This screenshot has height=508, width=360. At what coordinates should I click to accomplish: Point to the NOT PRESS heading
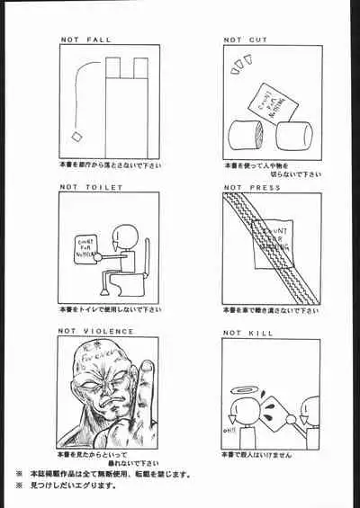click(251, 188)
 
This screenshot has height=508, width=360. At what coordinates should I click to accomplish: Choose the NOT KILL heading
click(248, 332)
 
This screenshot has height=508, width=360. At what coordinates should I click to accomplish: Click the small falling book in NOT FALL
click(77, 137)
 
